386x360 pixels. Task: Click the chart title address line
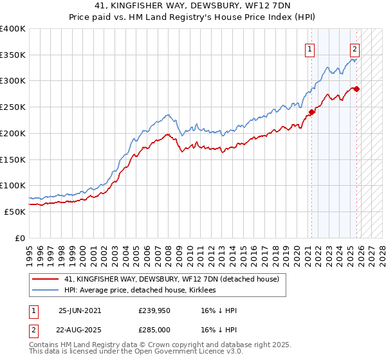click(x=192, y=6)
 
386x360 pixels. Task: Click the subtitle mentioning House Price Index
click(x=192, y=17)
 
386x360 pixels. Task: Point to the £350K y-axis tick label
click(x=13, y=55)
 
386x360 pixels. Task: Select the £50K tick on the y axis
click(x=15, y=212)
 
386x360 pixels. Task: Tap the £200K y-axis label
click(x=13, y=133)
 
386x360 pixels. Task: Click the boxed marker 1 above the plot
click(x=310, y=49)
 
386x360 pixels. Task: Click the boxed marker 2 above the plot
click(x=354, y=49)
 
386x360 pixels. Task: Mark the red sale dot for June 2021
click(x=311, y=112)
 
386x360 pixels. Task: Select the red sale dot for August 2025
click(x=356, y=89)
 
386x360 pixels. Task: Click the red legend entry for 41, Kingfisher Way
click(x=171, y=279)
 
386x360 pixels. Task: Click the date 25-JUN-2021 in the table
click(x=80, y=310)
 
